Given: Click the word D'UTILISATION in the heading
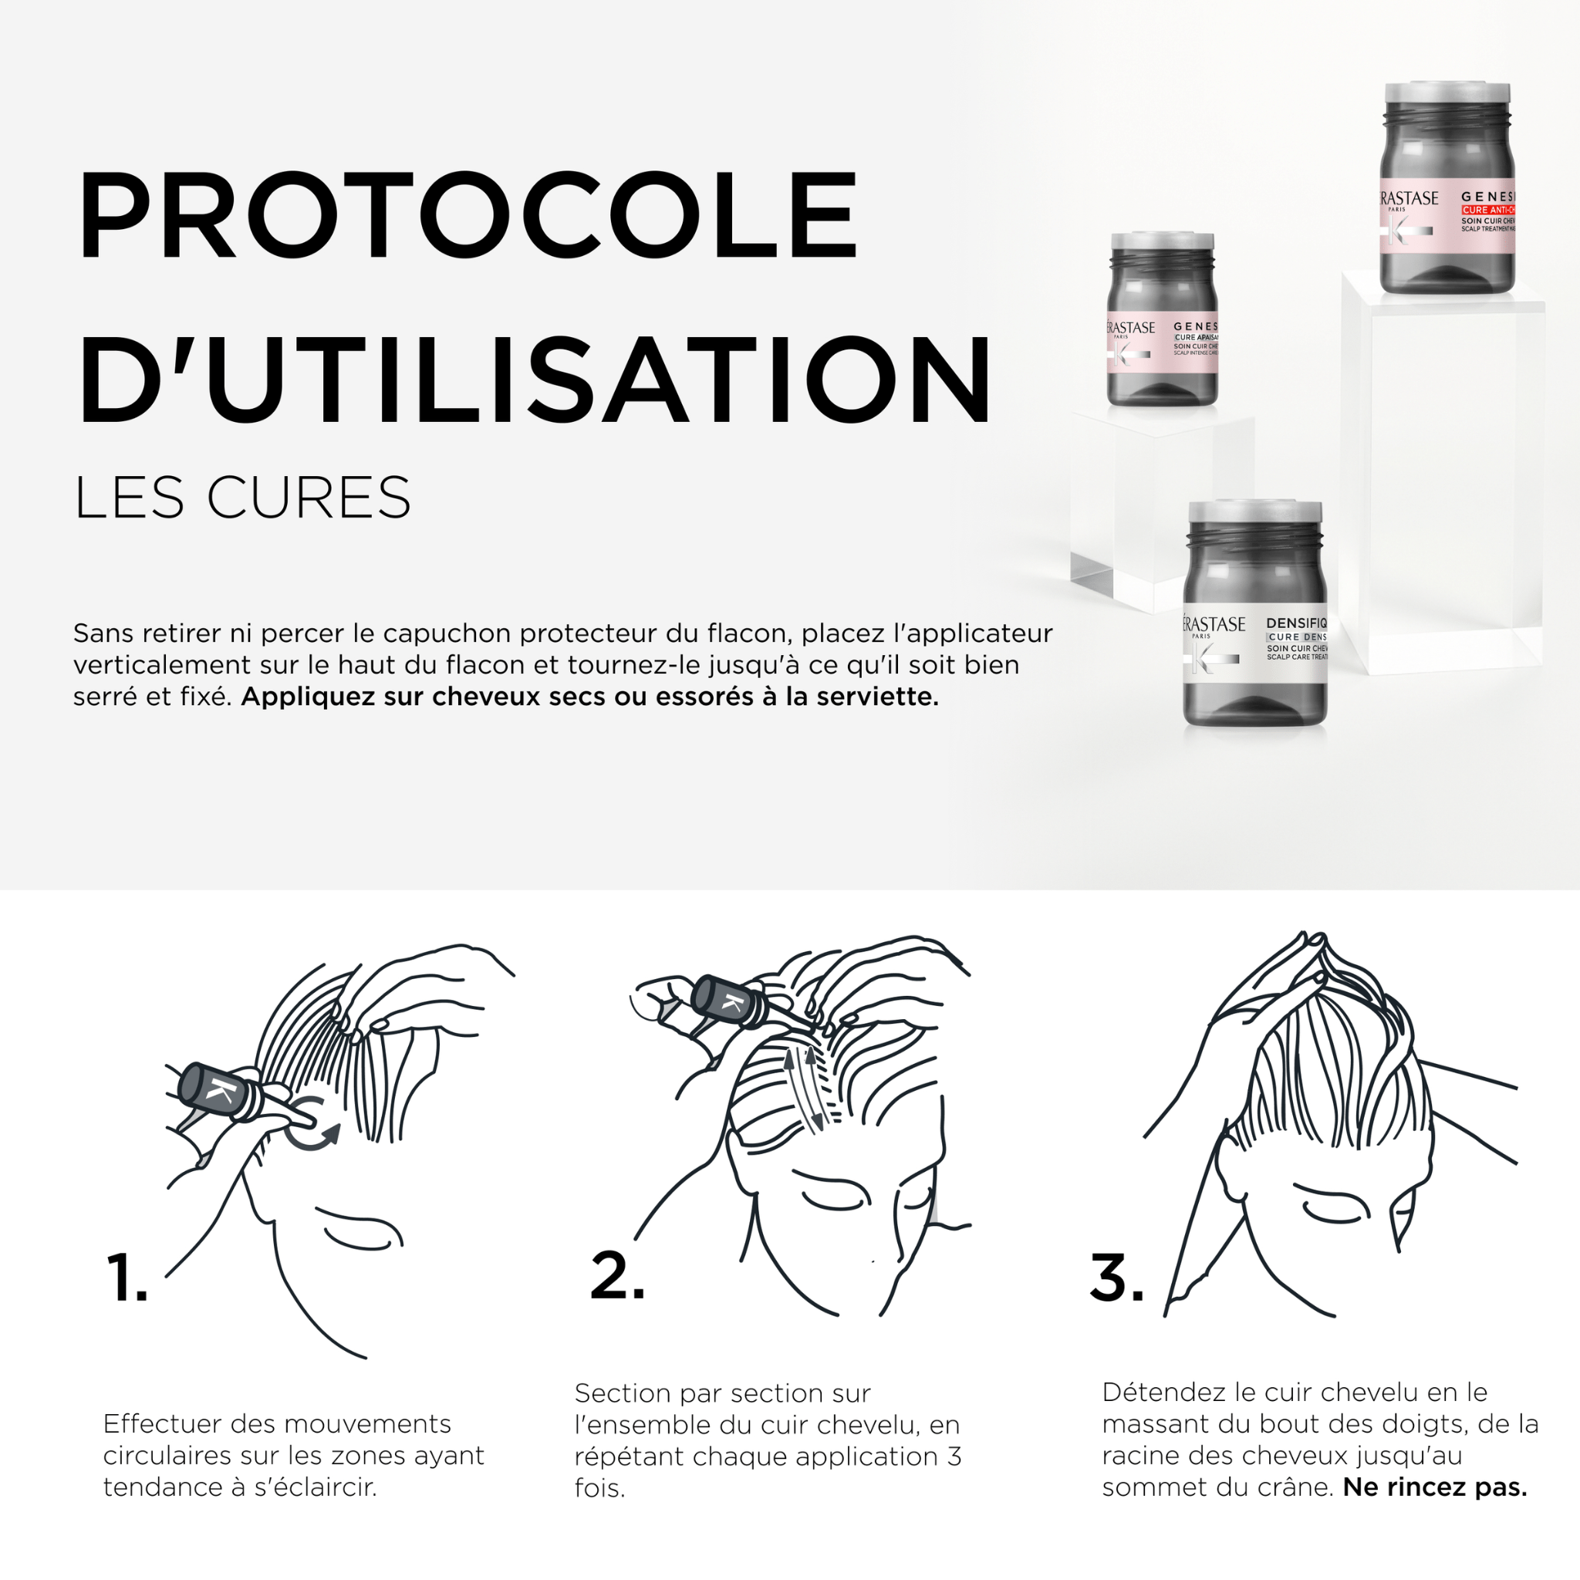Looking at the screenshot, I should [533, 380].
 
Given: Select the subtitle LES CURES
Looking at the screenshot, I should [242, 498].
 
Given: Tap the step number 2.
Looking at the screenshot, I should [616, 1275].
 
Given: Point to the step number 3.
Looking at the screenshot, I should [1116, 1277].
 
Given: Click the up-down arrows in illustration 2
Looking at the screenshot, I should [805, 1089].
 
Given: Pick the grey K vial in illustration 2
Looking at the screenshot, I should [731, 1004].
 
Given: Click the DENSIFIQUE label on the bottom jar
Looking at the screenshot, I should [1296, 623].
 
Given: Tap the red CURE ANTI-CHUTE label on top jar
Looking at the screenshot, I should [1488, 210].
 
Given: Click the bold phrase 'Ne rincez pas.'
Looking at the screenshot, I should [1434, 1487].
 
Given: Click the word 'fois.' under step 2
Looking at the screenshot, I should [599, 1487].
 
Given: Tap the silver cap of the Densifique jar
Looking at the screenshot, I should [1255, 512].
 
